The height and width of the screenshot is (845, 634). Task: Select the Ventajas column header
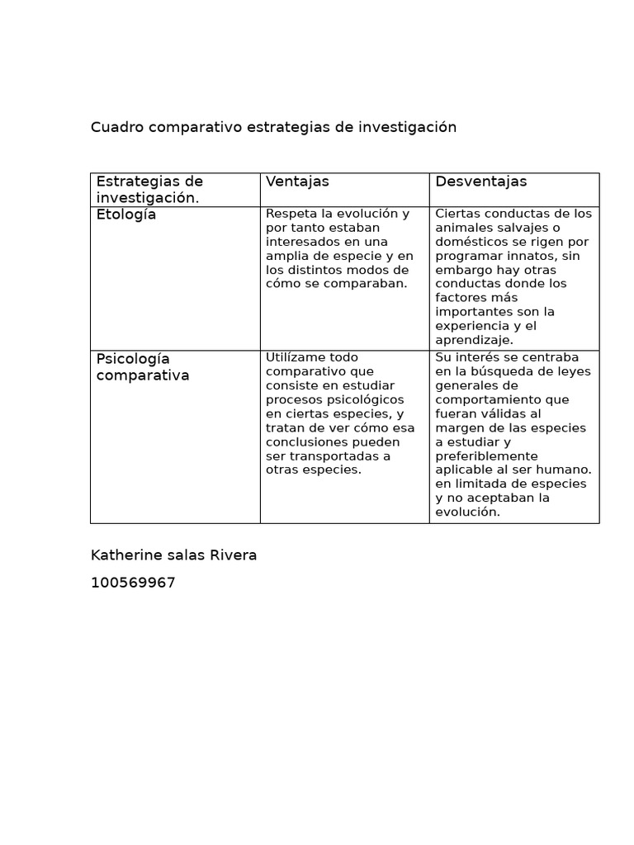[297, 182]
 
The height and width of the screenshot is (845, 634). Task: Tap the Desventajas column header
[480, 182]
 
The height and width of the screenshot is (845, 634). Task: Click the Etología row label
[125, 215]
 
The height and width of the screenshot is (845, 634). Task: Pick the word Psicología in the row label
[133, 359]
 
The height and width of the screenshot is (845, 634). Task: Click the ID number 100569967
[133, 583]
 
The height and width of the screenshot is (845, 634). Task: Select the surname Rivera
[233, 555]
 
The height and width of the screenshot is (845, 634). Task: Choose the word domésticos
[470, 242]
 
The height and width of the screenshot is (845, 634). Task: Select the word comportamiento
[488, 399]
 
